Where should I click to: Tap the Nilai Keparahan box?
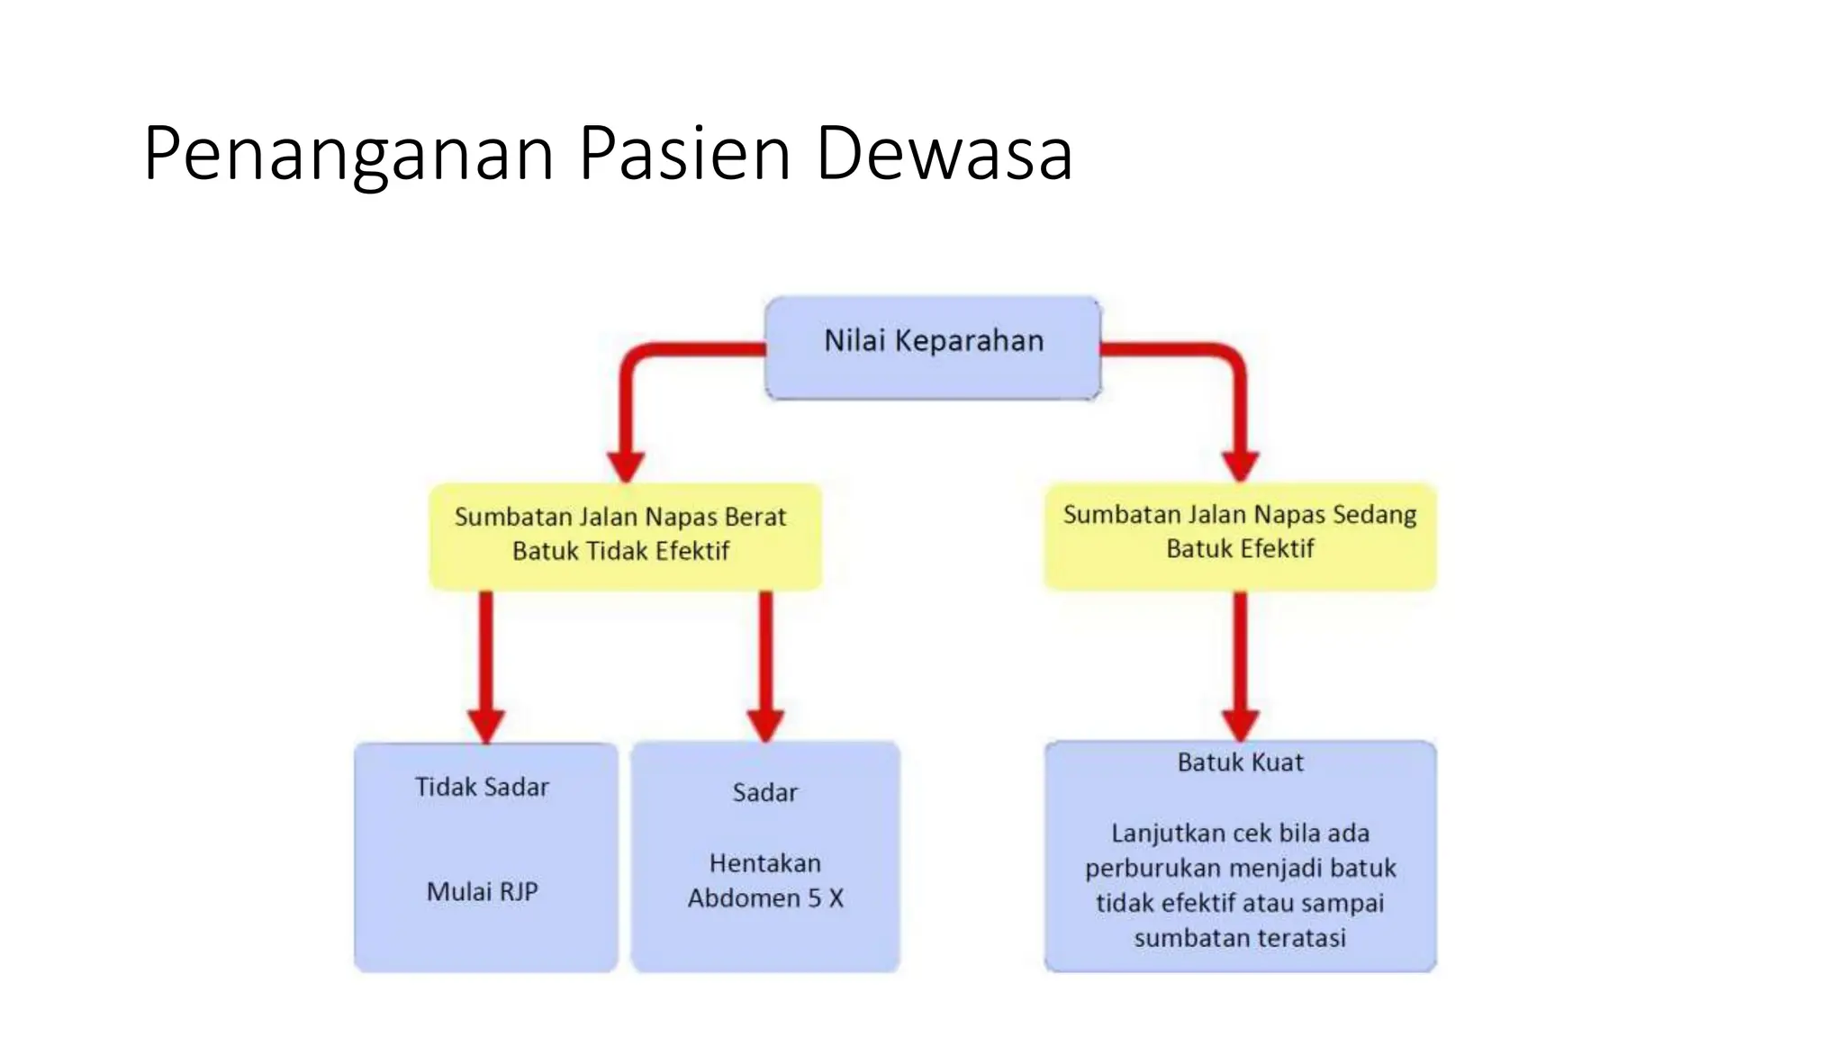click(x=933, y=347)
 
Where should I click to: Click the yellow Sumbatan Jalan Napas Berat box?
click(x=625, y=537)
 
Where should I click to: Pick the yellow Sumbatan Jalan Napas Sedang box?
click(x=1240, y=537)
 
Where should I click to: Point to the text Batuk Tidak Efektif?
click(x=620, y=551)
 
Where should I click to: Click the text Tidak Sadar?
click(x=482, y=788)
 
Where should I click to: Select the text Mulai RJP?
click(x=482, y=892)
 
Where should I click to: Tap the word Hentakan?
click(x=764, y=864)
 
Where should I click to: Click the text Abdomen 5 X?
click(x=765, y=898)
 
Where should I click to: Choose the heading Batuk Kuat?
click(x=1240, y=763)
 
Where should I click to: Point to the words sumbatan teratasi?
click(x=1240, y=938)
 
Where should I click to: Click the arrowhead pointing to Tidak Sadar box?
click(x=486, y=726)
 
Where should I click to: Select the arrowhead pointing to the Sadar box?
click(x=765, y=726)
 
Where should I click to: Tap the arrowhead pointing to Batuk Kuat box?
click(x=1240, y=726)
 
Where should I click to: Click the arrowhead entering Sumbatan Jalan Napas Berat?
click(x=626, y=466)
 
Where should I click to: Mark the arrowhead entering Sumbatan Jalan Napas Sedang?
click(x=1240, y=466)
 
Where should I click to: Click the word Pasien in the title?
click(x=684, y=153)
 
